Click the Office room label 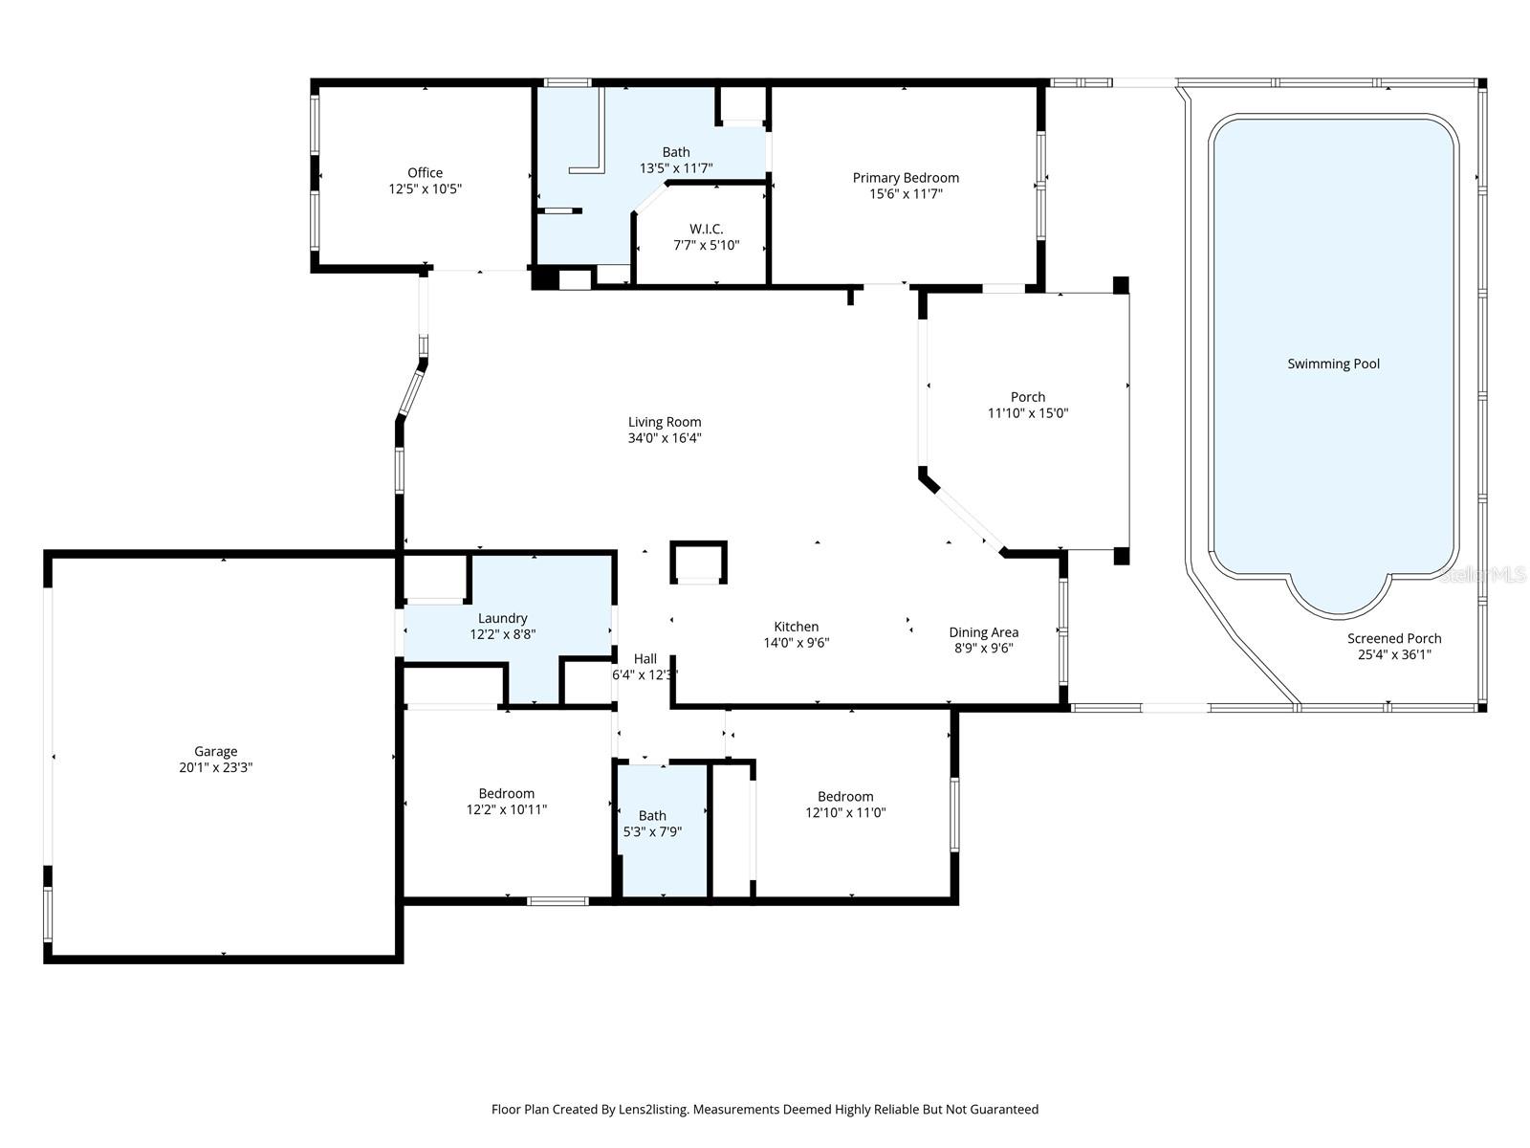tap(425, 173)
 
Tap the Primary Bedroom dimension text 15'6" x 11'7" tap(906, 194)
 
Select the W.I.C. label tap(706, 230)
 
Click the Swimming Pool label tap(1333, 364)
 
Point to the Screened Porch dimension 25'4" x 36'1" tap(1394, 655)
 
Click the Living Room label tap(665, 422)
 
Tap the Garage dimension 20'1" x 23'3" tap(215, 767)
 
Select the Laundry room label tap(502, 619)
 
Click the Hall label tap(645, 659)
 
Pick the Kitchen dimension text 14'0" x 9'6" tap(796, 643)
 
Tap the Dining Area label tap(983, 632)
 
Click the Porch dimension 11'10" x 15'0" tap(1028, 413)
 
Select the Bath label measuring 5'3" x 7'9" tap(652, 816)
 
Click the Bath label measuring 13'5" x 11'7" tap(676, 152)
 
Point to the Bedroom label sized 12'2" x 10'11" tap(506, 793)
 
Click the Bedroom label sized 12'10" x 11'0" tap(845, 797)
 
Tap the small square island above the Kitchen tap(698, 562)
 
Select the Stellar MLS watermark tap(1483, 574)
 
